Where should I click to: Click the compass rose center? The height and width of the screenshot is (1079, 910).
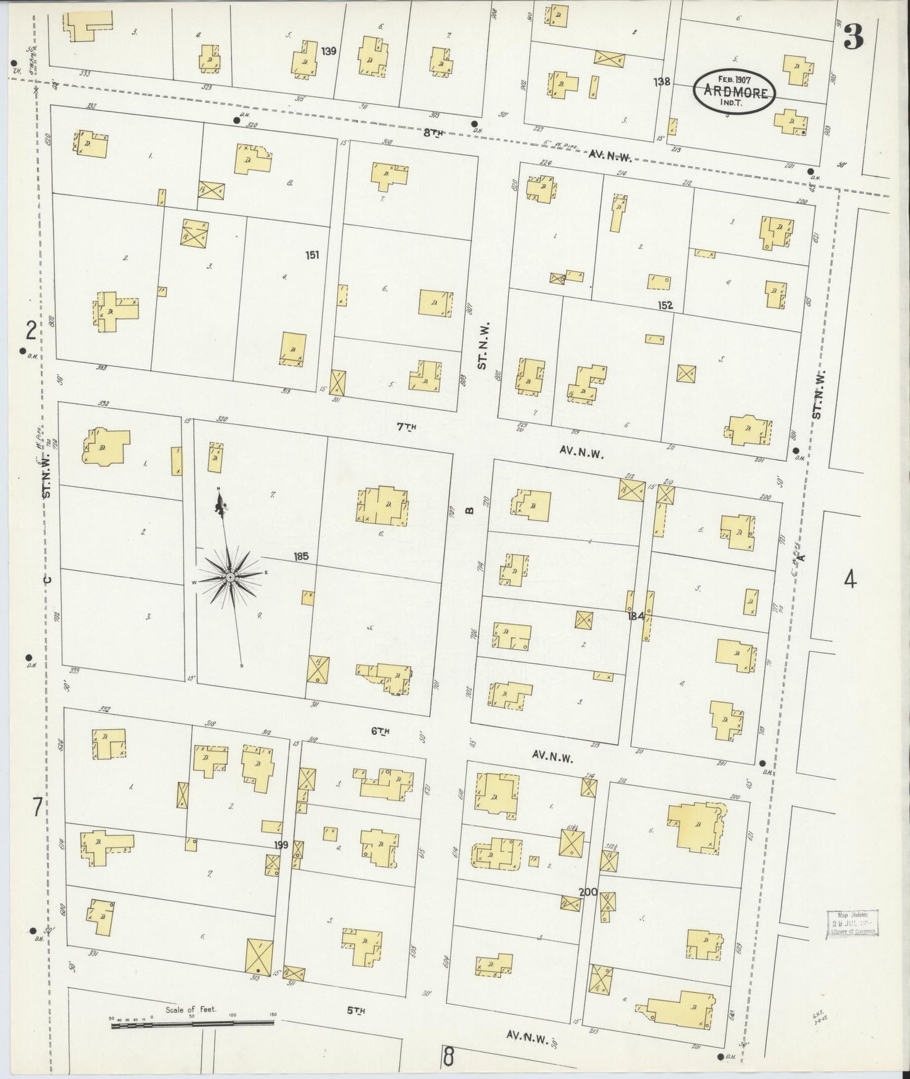(230, 577)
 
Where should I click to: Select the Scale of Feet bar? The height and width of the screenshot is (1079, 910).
(193, 1025)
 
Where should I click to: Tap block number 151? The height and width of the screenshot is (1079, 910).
(312, 255)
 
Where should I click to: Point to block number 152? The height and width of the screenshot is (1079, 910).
(665, 305)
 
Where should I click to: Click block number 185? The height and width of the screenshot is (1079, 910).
(301, 556)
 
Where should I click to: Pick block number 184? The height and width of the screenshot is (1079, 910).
(635, 616)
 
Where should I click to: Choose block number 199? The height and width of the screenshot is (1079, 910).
(281, 845)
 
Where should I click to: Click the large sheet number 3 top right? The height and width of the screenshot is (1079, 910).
(853, 39)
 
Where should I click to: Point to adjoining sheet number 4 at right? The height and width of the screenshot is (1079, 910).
(850, 579)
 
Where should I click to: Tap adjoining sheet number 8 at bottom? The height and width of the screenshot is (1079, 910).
(448, 1056)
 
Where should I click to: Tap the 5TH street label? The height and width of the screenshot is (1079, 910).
(356, 1012)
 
